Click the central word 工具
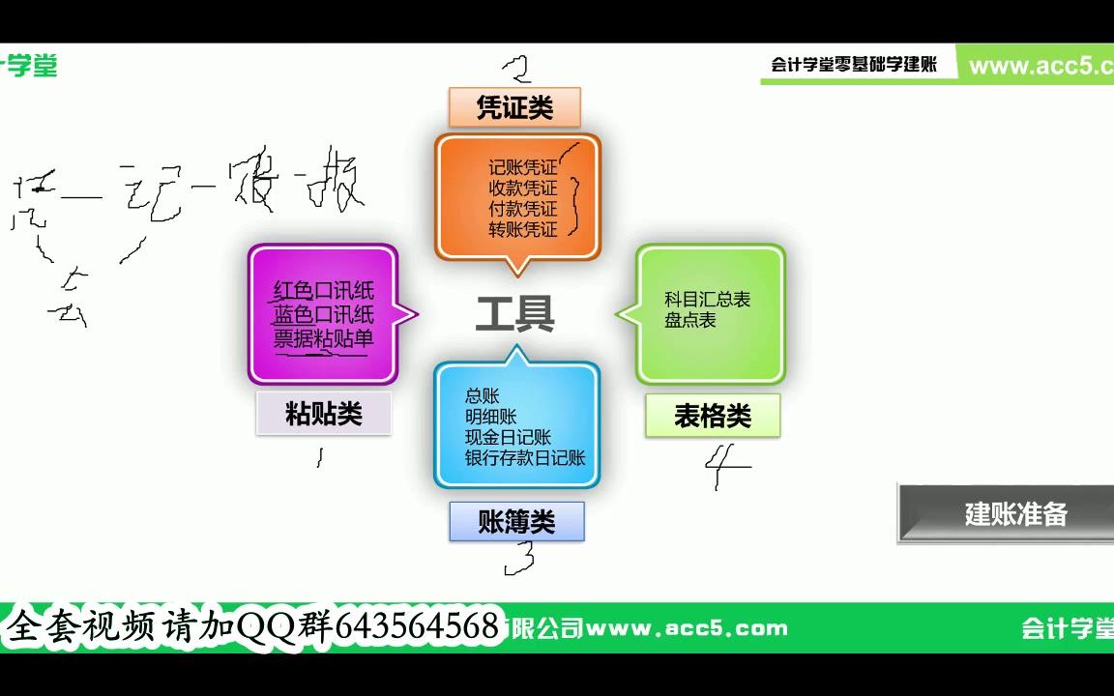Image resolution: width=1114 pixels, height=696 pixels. [514, 314]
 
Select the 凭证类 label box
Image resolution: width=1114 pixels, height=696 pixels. [514, 107]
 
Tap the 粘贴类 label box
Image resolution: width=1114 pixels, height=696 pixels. [324, 414]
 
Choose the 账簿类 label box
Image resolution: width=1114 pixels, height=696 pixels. [517, 522]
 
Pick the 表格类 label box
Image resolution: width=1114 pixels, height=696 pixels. [713, 416]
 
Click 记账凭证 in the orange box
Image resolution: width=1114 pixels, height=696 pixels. [522, 167]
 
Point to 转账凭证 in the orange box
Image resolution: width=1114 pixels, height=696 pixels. [522, 230]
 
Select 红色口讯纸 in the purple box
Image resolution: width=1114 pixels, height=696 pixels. [323, 291]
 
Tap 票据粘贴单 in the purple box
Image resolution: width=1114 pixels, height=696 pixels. [323, 338]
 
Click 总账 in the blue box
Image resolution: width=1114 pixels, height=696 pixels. [482, 396]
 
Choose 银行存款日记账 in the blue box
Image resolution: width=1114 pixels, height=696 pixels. [525, 458]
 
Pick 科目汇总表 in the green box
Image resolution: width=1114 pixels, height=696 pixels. [707, 300]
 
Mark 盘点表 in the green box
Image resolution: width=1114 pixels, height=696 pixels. [689, 320]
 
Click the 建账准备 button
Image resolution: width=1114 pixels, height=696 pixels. [1015, 513]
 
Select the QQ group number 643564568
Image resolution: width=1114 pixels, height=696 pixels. [419, 626]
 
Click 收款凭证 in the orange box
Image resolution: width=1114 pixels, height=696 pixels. [522, 188]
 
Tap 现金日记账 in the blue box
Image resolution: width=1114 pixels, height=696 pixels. [507, 438]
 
